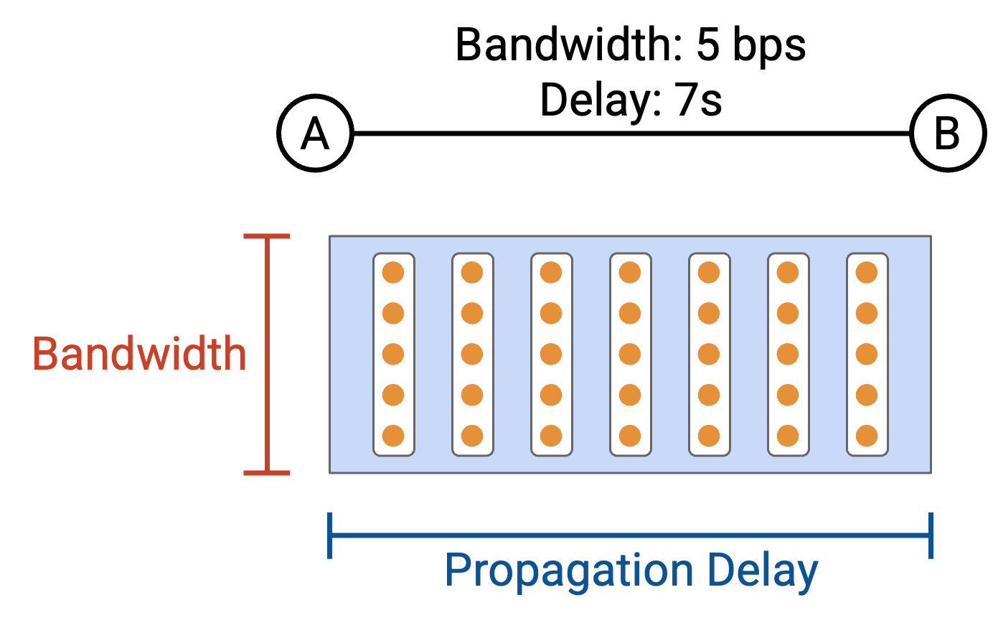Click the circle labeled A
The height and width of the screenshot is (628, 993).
315,133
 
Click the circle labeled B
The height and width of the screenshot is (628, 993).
948,133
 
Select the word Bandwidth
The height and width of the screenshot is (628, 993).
139,353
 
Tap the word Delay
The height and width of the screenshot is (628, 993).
762,571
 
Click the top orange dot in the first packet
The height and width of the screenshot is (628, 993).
393,273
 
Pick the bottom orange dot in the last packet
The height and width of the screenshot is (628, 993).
867,436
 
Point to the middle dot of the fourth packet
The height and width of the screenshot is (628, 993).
630,354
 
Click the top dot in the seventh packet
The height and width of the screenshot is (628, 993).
867,273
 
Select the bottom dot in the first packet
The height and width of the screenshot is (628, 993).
393,436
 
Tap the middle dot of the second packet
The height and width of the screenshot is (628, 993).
472,354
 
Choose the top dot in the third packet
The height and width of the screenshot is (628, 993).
551,273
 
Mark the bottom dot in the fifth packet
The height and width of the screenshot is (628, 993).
709,436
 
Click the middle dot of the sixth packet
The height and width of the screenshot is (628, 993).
788,354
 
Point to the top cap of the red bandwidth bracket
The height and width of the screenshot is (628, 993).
267,235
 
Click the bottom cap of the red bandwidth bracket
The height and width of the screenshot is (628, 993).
267,473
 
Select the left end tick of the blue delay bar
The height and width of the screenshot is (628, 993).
329,535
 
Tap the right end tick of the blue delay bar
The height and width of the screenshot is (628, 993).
931,535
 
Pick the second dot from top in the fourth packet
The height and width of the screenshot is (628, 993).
630,313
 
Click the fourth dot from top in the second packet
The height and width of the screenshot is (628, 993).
472,395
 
